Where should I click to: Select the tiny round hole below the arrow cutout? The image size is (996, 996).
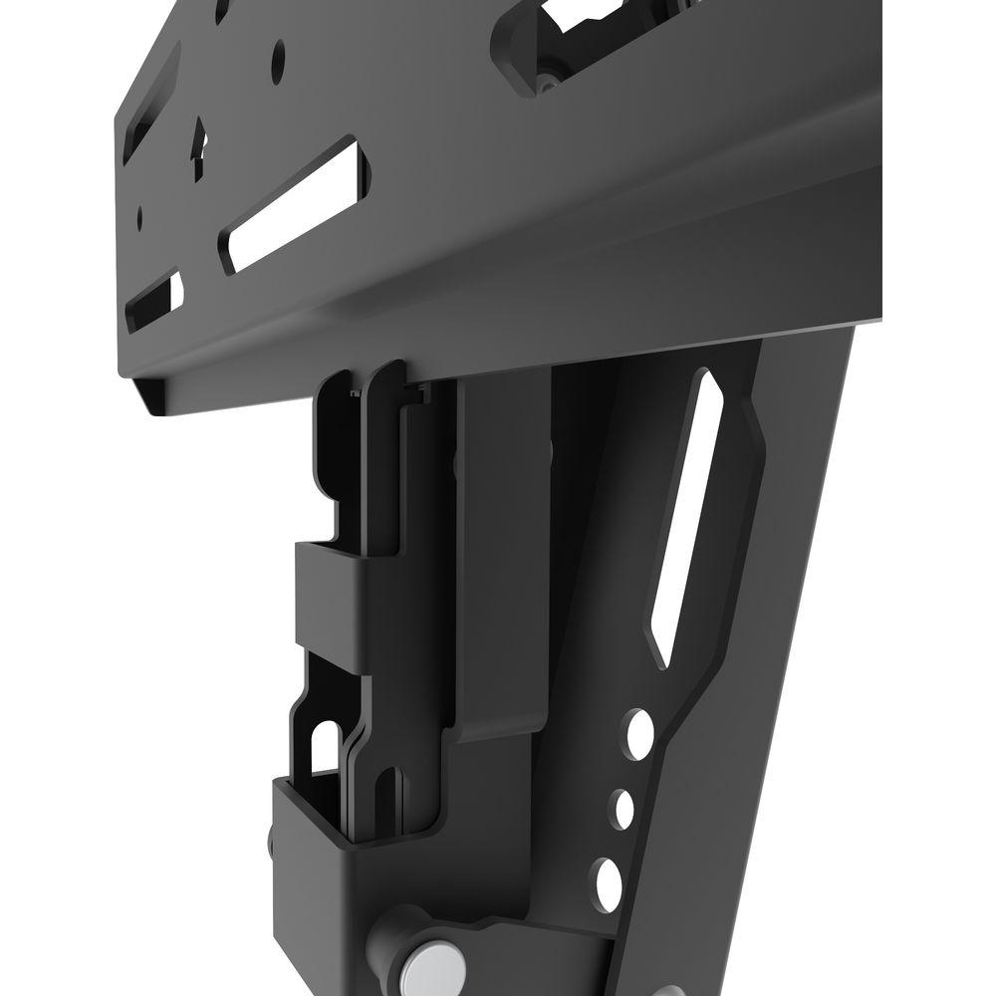pos(141,214)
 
